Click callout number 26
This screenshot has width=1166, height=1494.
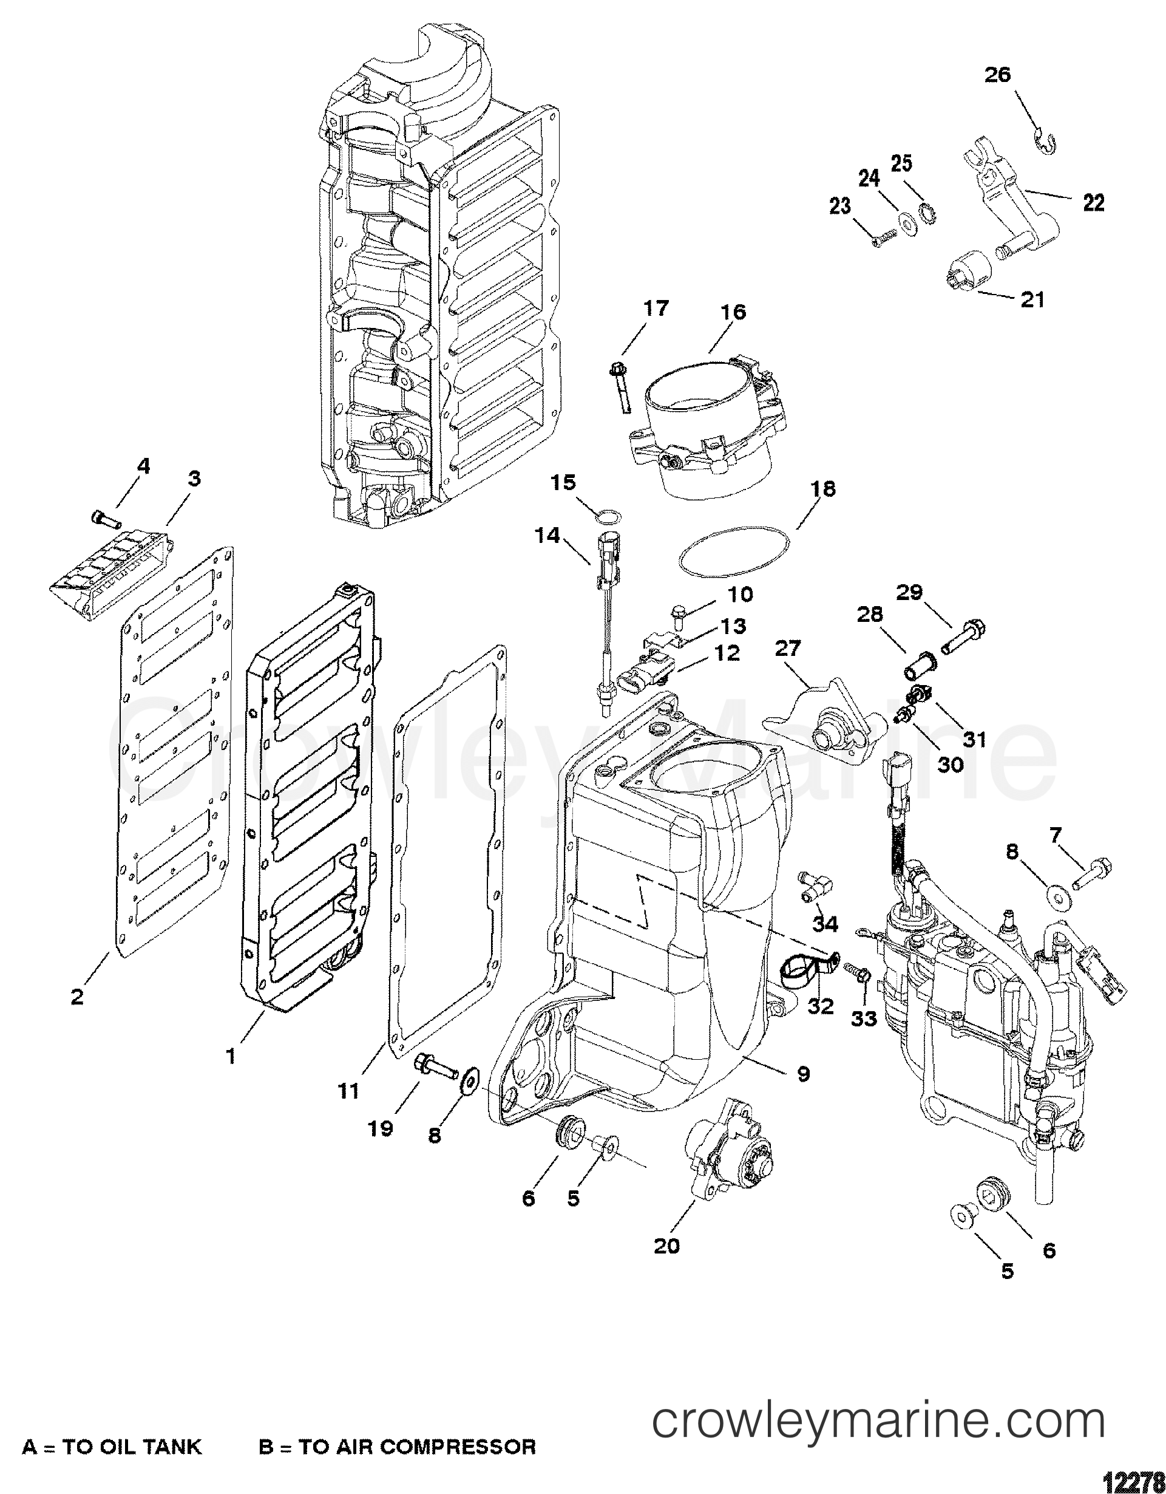(x=997, y=75)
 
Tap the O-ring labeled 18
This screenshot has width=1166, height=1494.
(x=734, y=558)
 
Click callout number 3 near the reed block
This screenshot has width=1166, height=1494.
(x=194, y=478)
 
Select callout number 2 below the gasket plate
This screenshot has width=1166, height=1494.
(x=77, y=997)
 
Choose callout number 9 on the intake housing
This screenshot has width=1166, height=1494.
(x=803, y=1074)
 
